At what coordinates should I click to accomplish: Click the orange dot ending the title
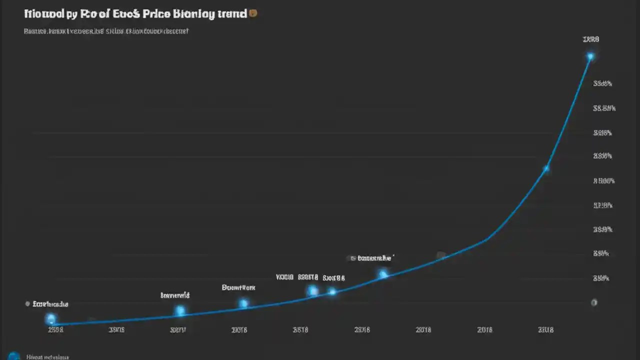pyautogui.click(x=253, y=13)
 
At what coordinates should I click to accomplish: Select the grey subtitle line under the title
pyautogui.click(x=106, y=31)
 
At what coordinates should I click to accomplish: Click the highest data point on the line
pyautogui.click(x=590, y=56)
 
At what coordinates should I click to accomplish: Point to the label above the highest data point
pyautogui.click(x=590, y=39)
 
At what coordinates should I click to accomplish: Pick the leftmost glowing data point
pyautogui.click(x=50, y=318)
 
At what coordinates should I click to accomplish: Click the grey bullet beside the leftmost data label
pyautogui.click(x=27, y=304)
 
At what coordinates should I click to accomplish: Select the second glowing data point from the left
pyautogui.click(x=180, y=311)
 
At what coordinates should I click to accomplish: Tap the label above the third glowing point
pyautogui.click(x=238, y=288)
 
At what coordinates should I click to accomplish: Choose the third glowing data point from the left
pyautogui.click(x=243, y=303)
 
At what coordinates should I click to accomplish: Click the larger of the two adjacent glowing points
pyautogui.click(x=312, y=291)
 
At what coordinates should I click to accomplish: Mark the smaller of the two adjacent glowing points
pyautogui.click(x=332, y=291)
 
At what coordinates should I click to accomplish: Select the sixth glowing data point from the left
pyautogui.click(x=383, y=274)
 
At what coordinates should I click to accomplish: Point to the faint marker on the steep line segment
pyautogui.click(x=546, y=168)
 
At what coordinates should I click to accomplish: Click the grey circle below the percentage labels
pyautogui.click(x=594, y=302)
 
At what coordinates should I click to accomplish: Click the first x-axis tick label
pyautogui.click(x=55, y=330)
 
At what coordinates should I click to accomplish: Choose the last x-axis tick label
pyautogui.click(x=545, y=330)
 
